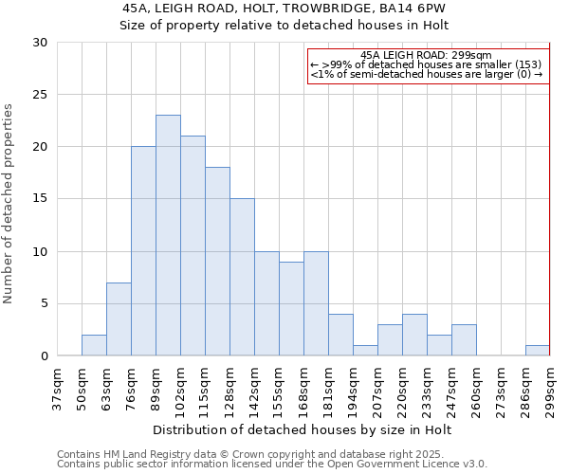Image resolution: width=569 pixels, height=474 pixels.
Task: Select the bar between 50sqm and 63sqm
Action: click(x=94, y=345)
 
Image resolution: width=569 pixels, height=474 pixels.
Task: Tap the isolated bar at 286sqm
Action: click(x=537, y=350)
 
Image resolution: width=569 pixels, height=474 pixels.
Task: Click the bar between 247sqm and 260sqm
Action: click(x=464, y=339)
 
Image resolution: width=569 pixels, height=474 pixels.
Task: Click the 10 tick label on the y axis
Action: click(x=39, y=251)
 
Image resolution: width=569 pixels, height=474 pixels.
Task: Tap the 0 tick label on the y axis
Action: click(x=43, y=356)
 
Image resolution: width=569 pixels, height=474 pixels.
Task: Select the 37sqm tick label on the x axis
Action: click(x=57, y=389)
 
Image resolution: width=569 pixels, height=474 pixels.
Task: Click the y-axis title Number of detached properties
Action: click(x=9, y=203)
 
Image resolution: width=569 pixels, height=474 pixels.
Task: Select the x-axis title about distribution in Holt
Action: click(x=302, y=429)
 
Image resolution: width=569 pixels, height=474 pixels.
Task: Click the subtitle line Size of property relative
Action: click(x=284, y=26)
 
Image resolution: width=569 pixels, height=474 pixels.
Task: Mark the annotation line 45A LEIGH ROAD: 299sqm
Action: click(x=427, y=55)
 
